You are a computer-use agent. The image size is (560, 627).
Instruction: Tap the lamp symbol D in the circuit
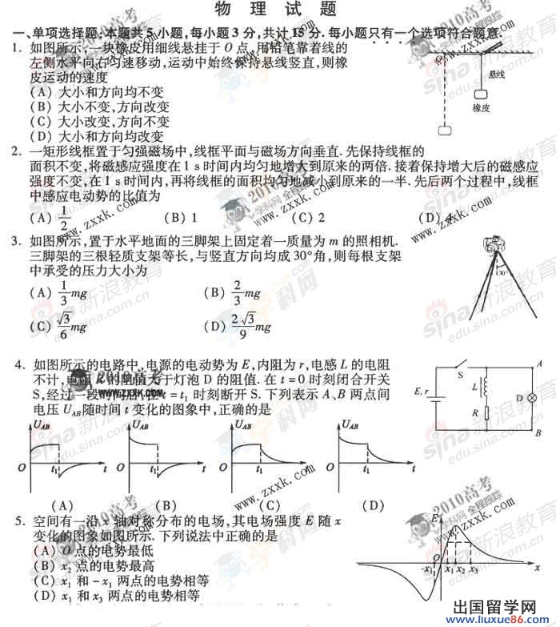tap(527, 397)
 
